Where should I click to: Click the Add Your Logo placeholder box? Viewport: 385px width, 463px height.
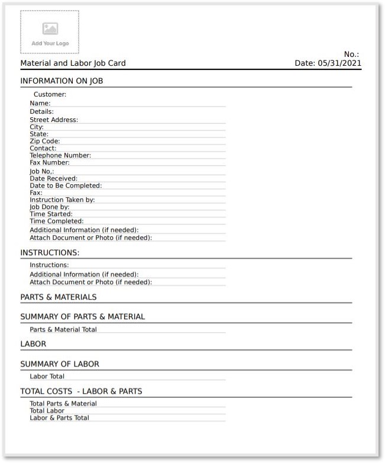click(50, 32)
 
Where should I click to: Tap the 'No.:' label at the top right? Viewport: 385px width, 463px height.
click(352, 54)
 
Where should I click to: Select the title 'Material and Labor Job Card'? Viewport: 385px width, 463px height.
click(73, 63)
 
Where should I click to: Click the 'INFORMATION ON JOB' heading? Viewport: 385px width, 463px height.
click(62, 81)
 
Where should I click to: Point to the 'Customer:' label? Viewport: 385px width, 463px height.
click(50, 94)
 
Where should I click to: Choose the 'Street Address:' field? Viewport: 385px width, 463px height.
click(54, 120)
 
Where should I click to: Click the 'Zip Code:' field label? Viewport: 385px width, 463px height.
click(45, 141)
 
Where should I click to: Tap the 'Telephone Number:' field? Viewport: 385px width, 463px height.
click(60, 155)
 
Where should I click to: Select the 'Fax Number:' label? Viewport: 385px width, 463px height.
click(50, 162)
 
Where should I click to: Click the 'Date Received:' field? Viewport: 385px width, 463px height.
click(53, 178)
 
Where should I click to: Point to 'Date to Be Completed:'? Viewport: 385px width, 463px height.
click(66, 185)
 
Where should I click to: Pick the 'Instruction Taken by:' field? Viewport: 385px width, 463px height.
click(62, 200)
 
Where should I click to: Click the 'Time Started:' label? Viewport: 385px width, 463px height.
click(51, 214)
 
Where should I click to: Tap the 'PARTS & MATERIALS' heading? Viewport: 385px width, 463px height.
click(59, 297)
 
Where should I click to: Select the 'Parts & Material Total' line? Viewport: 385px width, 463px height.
click(63, 329)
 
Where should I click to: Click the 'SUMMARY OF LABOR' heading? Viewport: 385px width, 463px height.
click(60, 364)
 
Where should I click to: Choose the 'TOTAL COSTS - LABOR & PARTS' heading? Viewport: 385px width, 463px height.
click(81, 391)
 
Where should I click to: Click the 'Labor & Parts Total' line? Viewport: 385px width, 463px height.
click(59, 417)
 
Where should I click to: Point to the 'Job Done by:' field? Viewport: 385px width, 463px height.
click(49, 207)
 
